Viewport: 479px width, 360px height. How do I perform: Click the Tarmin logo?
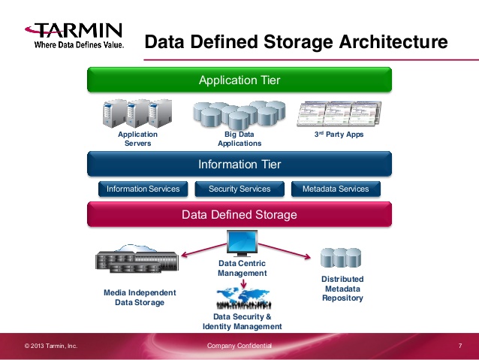click(x=74, y=35)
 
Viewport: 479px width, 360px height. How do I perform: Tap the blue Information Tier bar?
click(x=239, y=165)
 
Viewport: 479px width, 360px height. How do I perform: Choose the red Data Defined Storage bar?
click(x=239, y=215)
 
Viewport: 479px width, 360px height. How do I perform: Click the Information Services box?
click(x=143, y=189)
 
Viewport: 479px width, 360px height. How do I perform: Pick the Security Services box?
click(x=239, y=189)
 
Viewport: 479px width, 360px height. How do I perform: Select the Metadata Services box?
click(x=336, y=189)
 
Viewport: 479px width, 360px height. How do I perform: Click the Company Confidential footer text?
click(x=239, y=346)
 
